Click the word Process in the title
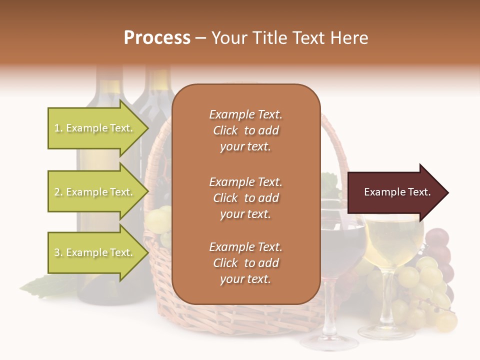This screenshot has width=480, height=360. point(157,38)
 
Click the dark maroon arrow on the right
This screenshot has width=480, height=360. point(395,192)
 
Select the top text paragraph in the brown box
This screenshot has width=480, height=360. point(245,130)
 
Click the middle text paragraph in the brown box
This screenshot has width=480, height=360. point(245,198)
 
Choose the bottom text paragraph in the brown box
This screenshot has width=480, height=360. point(245,263)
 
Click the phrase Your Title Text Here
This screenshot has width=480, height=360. point(289,38)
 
